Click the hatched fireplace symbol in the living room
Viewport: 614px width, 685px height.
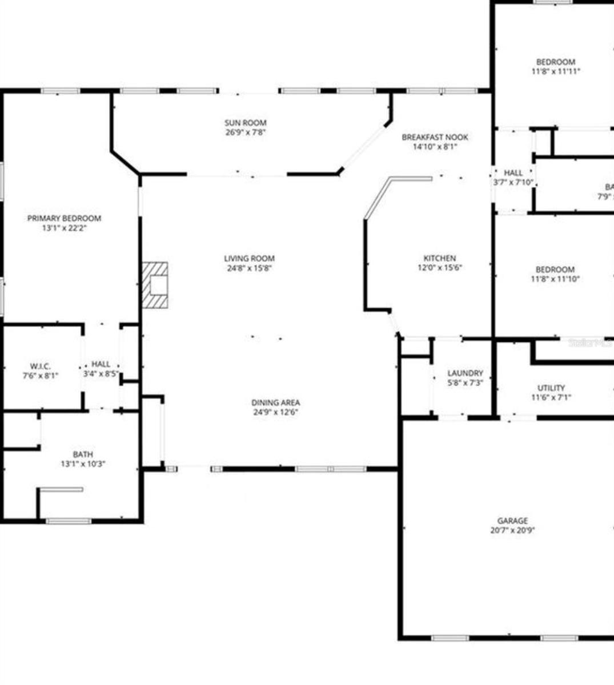click(155, 285)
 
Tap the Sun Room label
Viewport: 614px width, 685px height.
click(246, 123)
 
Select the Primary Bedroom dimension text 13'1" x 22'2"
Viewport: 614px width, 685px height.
click(65, 228)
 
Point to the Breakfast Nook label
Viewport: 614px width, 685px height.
click(435, 137)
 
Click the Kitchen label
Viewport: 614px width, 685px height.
click(439, 258)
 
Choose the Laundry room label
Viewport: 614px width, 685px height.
click(465, 373)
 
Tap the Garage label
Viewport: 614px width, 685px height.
click(512, 521)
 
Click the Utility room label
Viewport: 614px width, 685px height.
click(551, 388)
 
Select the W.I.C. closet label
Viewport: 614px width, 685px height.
click(40, 366)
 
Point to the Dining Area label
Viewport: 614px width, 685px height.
click(276, 402)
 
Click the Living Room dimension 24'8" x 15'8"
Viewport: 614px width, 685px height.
click(249, 268)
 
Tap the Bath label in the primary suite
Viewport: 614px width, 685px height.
click(83, 454)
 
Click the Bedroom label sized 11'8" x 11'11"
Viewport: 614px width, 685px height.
click(556, 62)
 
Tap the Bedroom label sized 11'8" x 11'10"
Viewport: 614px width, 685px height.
click(555, 269)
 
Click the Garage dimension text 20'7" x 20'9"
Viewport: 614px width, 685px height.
click(512, 530)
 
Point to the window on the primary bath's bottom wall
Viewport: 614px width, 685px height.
click(68, 521)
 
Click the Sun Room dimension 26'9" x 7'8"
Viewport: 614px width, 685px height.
click(246, 132)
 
